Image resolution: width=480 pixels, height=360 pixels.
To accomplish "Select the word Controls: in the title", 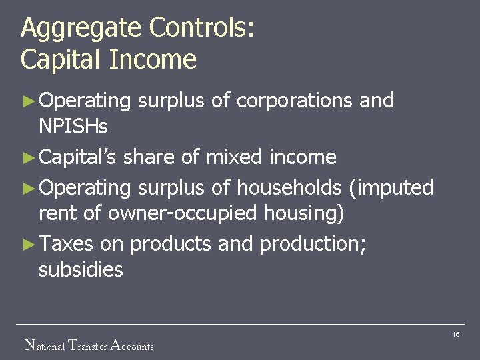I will pos(201,28).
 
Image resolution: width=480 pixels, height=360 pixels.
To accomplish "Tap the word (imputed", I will pos(391,188).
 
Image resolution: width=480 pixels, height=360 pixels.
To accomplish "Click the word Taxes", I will pos(66,244).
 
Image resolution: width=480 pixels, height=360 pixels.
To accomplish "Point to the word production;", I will pos(313,245).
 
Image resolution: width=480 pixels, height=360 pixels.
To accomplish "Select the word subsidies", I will pos(81,269).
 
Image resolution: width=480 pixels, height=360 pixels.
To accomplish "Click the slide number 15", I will pos(456,334).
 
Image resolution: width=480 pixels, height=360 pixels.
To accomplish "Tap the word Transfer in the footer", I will pos(87,345).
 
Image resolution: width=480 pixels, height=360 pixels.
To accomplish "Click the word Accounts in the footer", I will pos(131,345).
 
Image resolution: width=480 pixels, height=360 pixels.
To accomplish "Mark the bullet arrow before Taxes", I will pos(27,245).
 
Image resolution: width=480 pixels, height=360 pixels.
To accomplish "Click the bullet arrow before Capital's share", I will pos(27,158).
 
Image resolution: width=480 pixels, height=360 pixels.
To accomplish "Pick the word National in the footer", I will pos(45,345).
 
